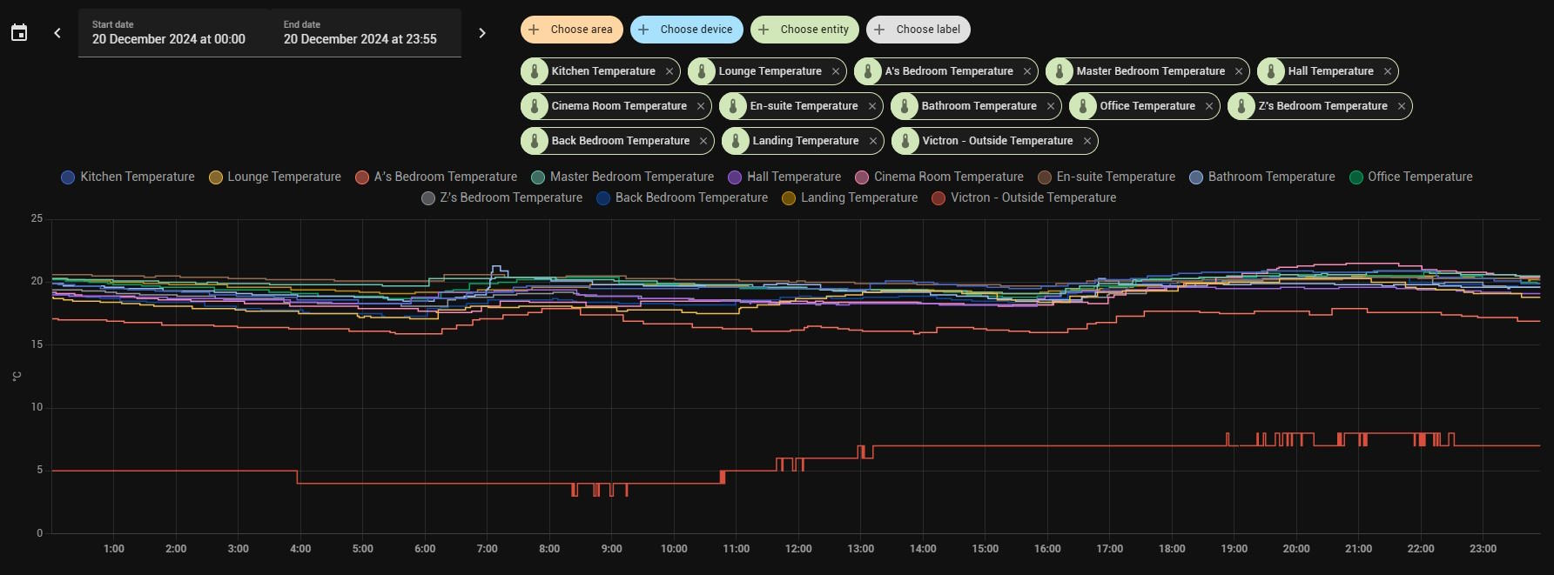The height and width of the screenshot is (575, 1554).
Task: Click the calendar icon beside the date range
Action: tap(19, 33)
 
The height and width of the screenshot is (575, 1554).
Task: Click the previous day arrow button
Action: tap(57, 33)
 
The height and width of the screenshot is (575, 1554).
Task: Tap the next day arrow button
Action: tap(482, 33)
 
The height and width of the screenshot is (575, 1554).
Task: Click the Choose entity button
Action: tap(804, 30)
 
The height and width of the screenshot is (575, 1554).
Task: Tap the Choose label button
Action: tap(918, 30)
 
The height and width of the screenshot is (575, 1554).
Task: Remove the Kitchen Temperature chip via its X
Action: tap(669, 71)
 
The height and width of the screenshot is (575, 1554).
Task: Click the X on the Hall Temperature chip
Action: tap(1388, 71)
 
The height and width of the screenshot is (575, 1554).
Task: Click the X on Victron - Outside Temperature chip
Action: tap(1087, 141)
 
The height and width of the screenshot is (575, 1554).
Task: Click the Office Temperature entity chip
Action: tap(1147, 106)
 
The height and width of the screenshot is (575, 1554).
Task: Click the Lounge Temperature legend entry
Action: tap(275, 177)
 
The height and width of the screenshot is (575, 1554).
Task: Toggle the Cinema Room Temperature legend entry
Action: tap(939, 177)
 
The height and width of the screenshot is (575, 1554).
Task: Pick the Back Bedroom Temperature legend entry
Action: tap(683, 197)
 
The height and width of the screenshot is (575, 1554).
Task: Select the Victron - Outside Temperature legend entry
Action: tap(1024, 197)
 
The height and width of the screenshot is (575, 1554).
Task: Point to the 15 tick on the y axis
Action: tap(37, 344)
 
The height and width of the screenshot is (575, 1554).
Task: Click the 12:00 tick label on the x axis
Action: tap(798, 549)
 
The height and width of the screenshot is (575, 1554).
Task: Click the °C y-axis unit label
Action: tap(17, 376)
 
